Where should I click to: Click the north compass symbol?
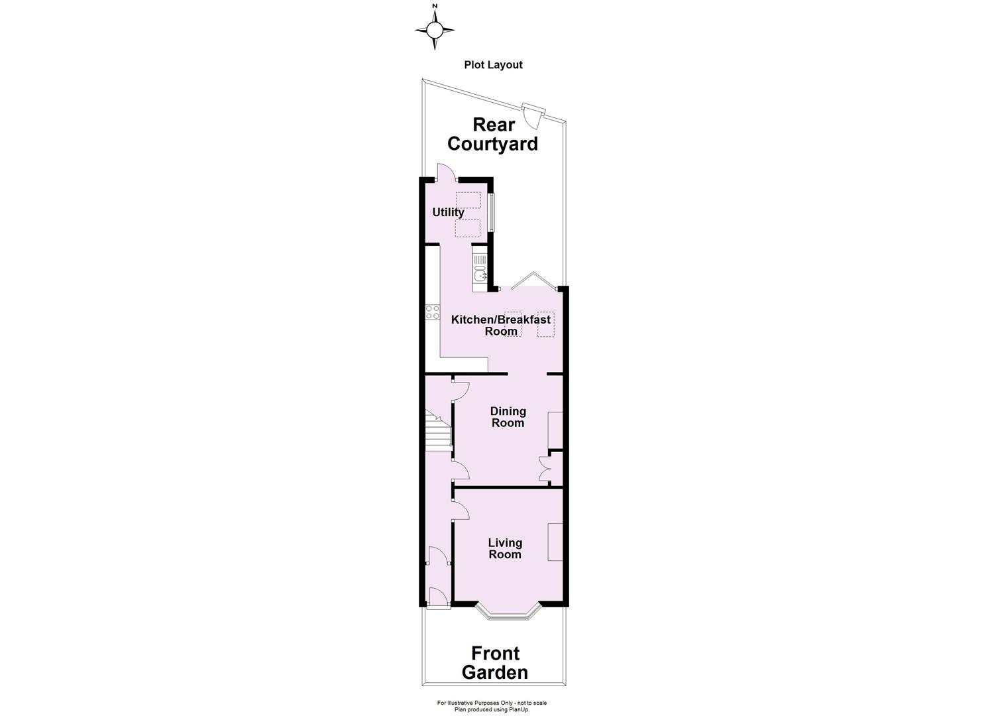click(435, 30)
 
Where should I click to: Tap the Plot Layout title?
click(493, 65)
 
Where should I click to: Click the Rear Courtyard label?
click(492, 135)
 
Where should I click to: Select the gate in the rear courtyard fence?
click(532, 115)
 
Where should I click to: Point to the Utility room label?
click(448, 213)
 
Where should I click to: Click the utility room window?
click(491, 212)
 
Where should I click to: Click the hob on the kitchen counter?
click(433, 312)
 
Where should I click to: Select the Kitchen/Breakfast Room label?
click(500, 326)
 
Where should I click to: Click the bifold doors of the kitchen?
click(530, 281)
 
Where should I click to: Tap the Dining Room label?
click(508, 417)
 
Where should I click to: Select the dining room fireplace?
click(555, 431)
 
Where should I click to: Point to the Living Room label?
click(505, 549)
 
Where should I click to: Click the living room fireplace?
click(555, 542)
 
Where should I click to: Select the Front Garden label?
click(495, 663)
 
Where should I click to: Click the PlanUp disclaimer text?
click(492, 706)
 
